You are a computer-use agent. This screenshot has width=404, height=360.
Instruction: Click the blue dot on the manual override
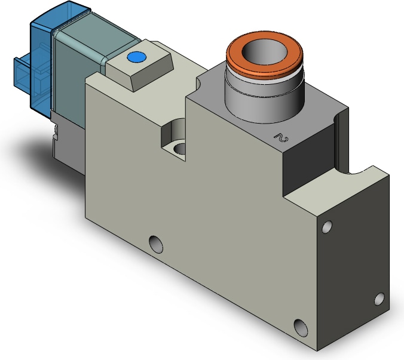[x=136, y=57]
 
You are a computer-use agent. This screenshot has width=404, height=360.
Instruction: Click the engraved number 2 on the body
[x=281, y=138]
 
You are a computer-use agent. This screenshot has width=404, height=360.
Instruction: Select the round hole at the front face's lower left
[x=156, y=244]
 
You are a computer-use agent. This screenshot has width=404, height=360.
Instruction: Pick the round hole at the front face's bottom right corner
[x=301, y=328]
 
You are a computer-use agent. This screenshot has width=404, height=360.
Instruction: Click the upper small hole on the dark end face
[x=327, y=227]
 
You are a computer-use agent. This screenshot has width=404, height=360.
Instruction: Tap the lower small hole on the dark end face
[x=379, y=299]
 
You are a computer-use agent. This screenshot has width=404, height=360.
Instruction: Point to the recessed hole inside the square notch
[x=179, y=149]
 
